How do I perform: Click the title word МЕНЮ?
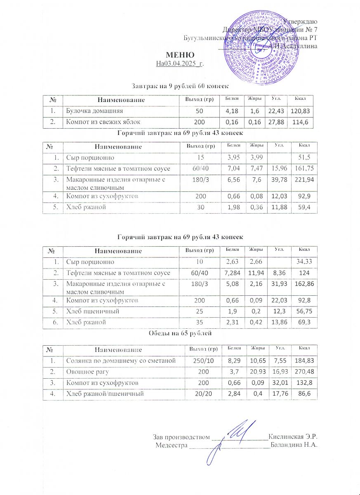pyautogui.click(x=180, y=55)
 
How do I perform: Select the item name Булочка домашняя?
pyautogui.click(x=92, y=111)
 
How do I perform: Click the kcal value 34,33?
pyautogui.click(x=301, y=262)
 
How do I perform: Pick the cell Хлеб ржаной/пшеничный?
pyautogui.click(x=105, y=394)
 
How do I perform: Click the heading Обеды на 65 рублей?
pyautogui.click(x=180, y=333)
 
